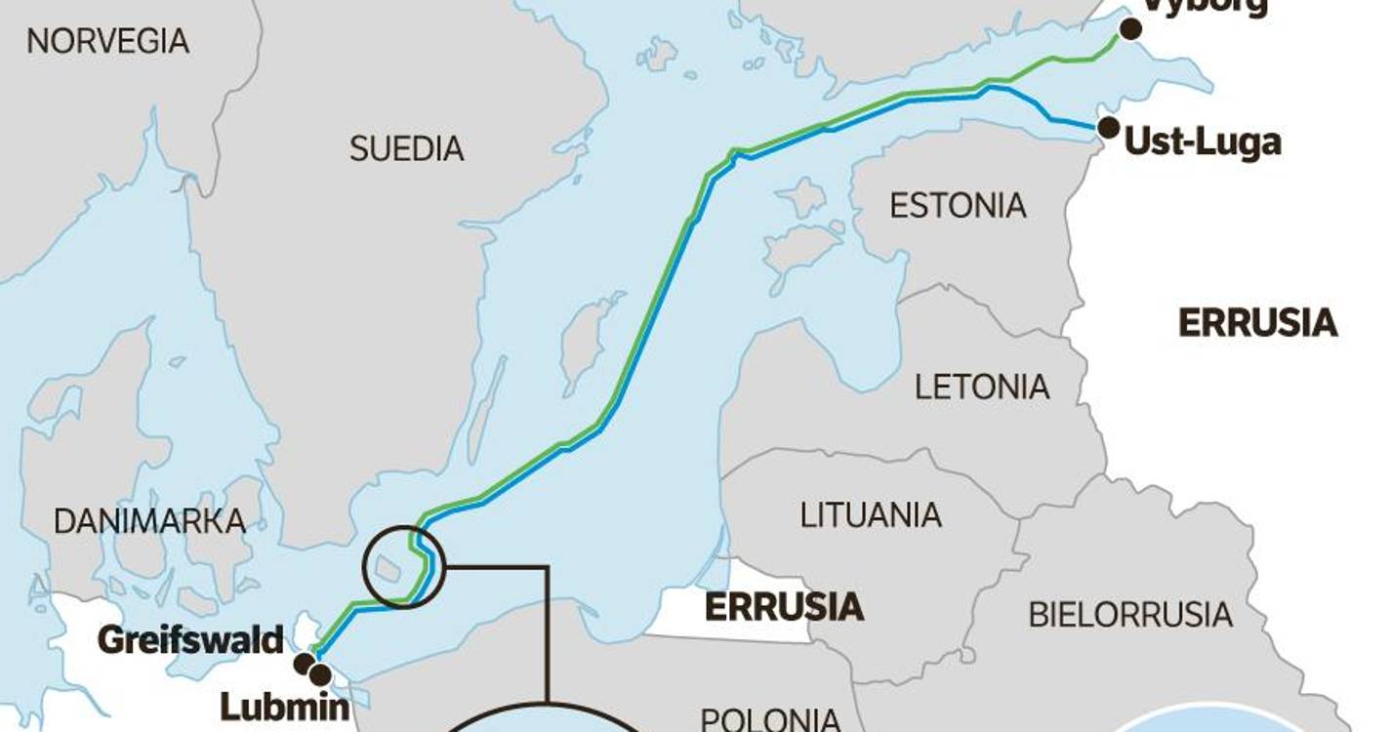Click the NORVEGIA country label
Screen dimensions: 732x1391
point(107,41)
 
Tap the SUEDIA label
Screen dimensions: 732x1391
point(406,149)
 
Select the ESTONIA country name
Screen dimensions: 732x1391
point(958,206)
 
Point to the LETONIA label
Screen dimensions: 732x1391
point(982,386)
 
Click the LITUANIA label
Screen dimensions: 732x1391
point(871,514)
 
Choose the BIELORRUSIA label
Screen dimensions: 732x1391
point(1130,615)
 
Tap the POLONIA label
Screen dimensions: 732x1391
point(771,719)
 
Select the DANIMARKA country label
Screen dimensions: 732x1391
point(149,521)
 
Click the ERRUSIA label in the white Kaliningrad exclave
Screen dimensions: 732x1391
point(784,607)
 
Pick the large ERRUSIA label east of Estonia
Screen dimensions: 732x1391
point(1258,323)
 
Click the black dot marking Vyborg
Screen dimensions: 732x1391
point(1130,29)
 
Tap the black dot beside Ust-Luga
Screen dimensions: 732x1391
point(1108,127)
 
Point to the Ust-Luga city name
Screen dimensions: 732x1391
point(1203,142)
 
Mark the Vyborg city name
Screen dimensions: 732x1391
point(1206,6)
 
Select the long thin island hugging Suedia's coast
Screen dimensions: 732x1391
point(485,410)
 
